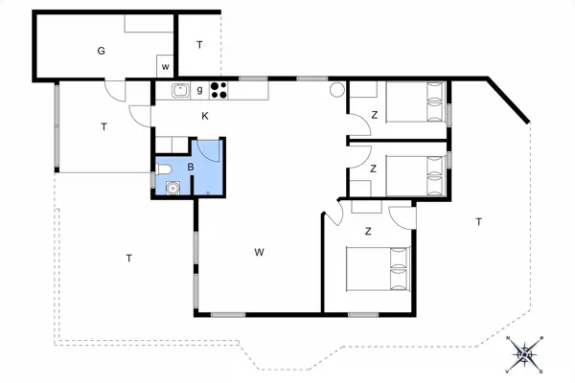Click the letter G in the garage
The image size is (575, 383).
[x=101, y=51]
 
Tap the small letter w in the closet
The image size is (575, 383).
[x=166, y=67]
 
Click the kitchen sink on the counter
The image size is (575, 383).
[x=179, y=91]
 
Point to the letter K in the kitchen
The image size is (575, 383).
[x=205, y=117]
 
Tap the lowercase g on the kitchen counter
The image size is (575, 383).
[x=199, y=91]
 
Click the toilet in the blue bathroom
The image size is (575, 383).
[x=167, y=170]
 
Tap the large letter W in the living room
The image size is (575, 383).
[x=259, y=253]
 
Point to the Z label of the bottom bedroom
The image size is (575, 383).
[x=368, y=231]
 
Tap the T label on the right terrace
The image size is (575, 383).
[x=478, y=222]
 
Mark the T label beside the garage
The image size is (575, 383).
[x=199, y=45]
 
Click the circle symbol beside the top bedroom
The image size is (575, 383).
[x=337, y=91]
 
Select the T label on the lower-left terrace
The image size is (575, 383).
[x=128, y=257]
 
